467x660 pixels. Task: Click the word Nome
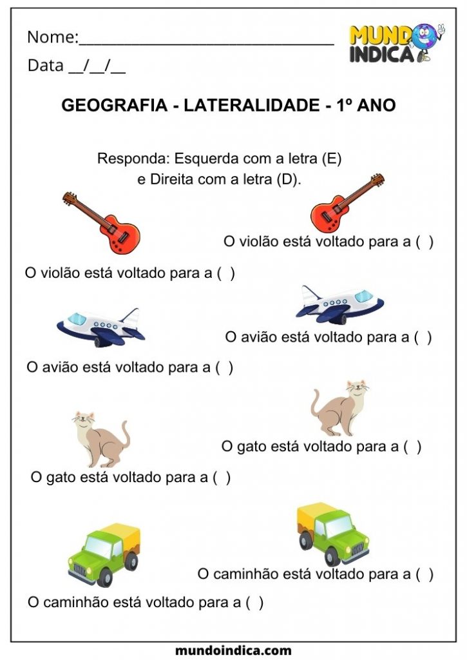[51, 37]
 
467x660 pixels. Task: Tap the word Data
[45, 66]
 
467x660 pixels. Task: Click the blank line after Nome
[206, 41]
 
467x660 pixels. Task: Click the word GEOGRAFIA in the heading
[113, 106]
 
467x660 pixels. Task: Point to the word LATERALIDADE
[254, 106]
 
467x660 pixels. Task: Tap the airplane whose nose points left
[100, 326]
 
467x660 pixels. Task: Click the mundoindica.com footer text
[233, 650]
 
